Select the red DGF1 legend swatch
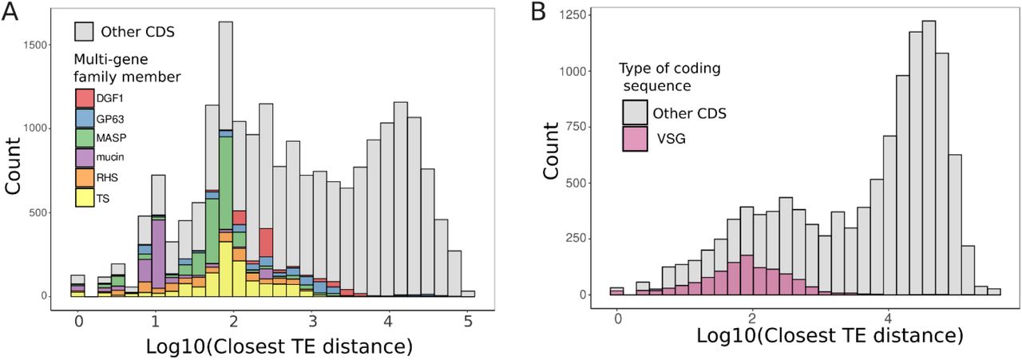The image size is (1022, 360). click(85, 97)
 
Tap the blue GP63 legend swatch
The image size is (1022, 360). click(85, 117)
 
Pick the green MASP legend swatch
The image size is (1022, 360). click(85, 137)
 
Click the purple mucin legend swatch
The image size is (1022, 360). click(85, 157)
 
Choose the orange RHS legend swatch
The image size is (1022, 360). click(85, 177)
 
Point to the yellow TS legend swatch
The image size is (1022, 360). click(85, 197)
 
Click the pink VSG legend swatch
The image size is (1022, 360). click(634, 138)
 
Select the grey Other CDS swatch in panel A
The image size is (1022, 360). click(85, 32)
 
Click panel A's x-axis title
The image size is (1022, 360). click(279, 346)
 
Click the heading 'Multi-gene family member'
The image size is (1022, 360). click(126, 69)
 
